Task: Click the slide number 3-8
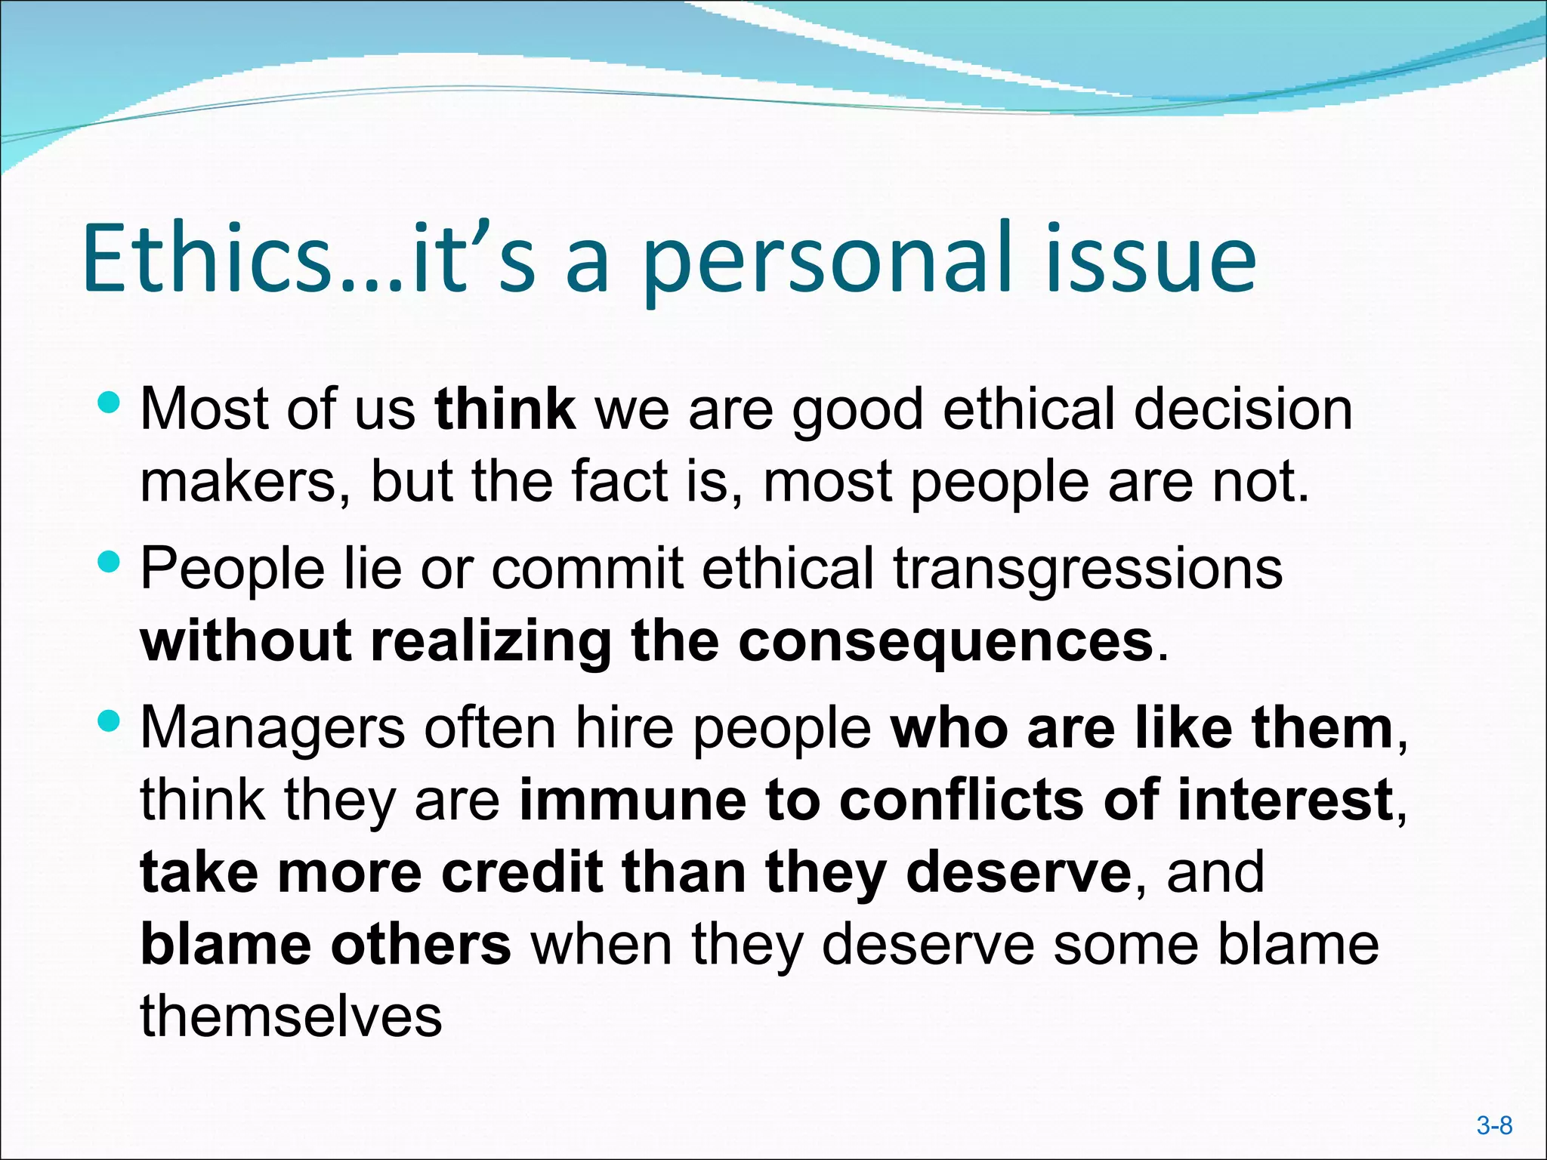pyautogui.click(x=1494, y=1126)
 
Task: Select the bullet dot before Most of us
pyautogui.click(x=110, y=402)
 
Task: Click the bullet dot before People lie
pyautogui.click(x=110, y=561)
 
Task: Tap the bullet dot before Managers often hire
pyautogui.click(x=110, y=720)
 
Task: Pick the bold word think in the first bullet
pyautogui.click(x=505, y=409)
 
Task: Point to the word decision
pyautogui.click(x=1243, y=409)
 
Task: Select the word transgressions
pyautogui.click(x=1088, y=568)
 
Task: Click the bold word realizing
pyautogui.click(x=491, y=641)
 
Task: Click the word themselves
pyautogui.click(x=291, y=1017)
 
